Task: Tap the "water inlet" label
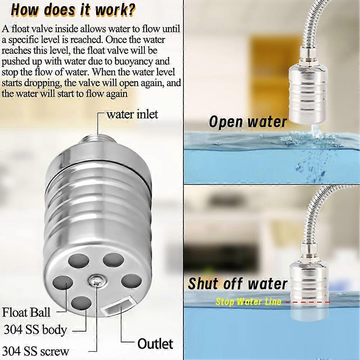tap(132, 115)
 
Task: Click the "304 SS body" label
tap(35, 329)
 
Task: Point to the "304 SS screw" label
tap(36, 351)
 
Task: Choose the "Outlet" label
tap(155, 343)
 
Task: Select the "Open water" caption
tap(248, 122)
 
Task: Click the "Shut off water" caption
tap(238, 284)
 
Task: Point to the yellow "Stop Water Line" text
tap(248, 302)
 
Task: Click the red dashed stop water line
tap(308, 302)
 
